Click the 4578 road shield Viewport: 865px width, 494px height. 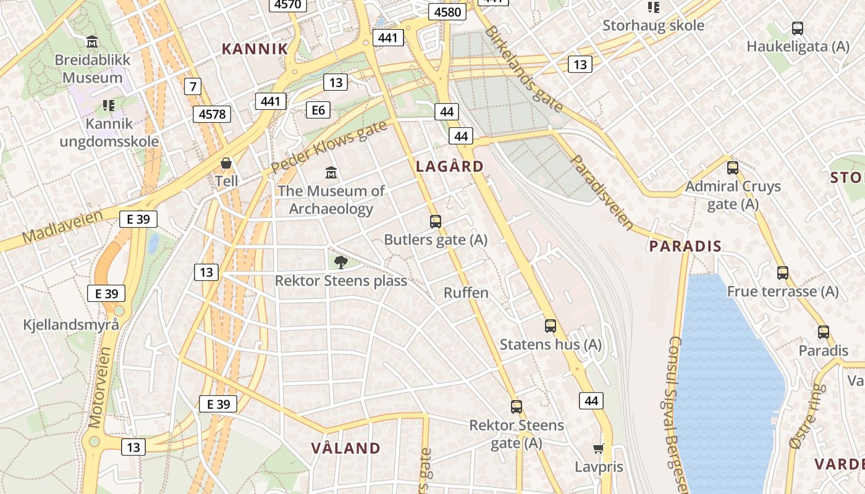coord(213,114)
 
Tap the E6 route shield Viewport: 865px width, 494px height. coord(318,110)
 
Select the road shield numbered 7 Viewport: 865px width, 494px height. coord(193,86)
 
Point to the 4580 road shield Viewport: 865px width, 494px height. coord(447,12)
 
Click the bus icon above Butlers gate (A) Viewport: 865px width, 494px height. coord(436,221)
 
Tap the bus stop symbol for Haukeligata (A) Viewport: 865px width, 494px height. coord(798,28)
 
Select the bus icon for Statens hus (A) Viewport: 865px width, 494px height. coord(551,325)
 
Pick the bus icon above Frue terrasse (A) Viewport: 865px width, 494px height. coord(783,272)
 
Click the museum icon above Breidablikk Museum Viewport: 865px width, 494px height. coord(92,41)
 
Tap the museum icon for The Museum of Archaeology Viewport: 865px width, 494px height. coord(331,172)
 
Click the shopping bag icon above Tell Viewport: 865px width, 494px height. coord(226,163)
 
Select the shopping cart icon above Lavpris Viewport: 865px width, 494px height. coord(598,448)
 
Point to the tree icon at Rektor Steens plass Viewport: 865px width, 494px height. coord(340,262)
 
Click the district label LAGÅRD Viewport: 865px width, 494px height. coord(450,167)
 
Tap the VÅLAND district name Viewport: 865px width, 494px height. coord(346,448)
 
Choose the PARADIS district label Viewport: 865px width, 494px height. coord(685,246)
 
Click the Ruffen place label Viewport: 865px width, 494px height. coord(466,293)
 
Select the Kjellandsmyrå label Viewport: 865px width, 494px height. coord(71,324)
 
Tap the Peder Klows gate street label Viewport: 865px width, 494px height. coord(328,147)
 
